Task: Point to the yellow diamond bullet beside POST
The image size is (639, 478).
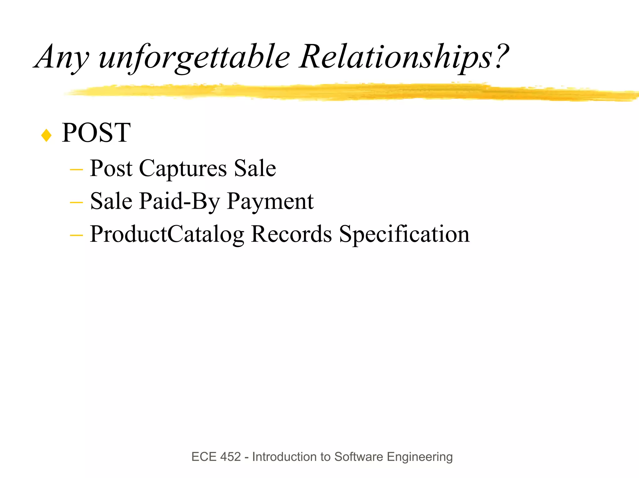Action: (46, 135)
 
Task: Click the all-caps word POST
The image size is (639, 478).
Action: (96, 133)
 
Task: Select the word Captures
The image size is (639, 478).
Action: (183, 169)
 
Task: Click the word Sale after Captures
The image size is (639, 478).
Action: (255, 169)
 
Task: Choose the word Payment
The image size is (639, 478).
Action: (270, 202)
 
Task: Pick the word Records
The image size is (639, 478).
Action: (291, 234)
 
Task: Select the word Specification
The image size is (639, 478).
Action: (404, 234)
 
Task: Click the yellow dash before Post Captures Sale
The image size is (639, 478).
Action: (76, 170)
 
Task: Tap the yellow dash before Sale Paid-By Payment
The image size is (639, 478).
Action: (76, 203)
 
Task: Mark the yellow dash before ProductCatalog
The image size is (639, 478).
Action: (76, 235)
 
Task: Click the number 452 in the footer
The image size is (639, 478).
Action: (230, 457)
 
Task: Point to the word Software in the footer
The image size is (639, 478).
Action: (359, 457)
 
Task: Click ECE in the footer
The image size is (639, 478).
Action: (204, 457)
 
